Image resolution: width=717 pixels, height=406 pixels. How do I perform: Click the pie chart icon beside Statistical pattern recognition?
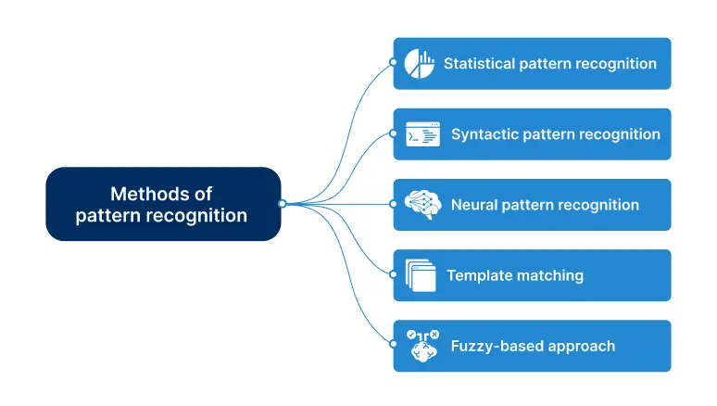click(420, 64)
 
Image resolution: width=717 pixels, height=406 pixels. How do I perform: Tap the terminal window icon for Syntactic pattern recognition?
click(422, 134)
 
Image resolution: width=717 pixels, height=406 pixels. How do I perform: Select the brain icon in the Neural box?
click(422, 205)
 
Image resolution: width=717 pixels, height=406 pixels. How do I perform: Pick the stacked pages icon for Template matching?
click(421, 275)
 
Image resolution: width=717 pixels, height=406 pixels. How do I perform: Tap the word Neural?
click(473, 205)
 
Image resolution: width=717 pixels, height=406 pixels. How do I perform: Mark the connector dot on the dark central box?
click(282, 204)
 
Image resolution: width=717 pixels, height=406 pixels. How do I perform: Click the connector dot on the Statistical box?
click(394, 63)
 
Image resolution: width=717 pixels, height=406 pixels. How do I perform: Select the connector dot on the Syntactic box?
click(394, 133)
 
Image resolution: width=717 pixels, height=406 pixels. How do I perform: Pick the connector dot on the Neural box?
click(394, 204)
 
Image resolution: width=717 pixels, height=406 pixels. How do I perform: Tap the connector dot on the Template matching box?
click(394, 274)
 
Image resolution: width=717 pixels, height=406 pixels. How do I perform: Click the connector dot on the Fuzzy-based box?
click(394, 345)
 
